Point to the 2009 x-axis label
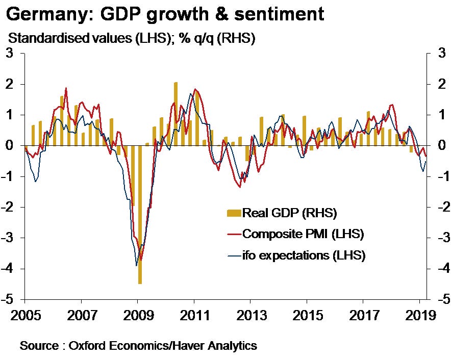[x=138, y=314]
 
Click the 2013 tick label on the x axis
[x=250, y=314]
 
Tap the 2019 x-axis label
[x=419, y=314]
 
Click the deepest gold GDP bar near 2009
[x=140, y=214]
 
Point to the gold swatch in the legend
[x=233, y=212]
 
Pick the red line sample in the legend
[x=233, y=234]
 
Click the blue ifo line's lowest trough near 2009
[x=136, y=265]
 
